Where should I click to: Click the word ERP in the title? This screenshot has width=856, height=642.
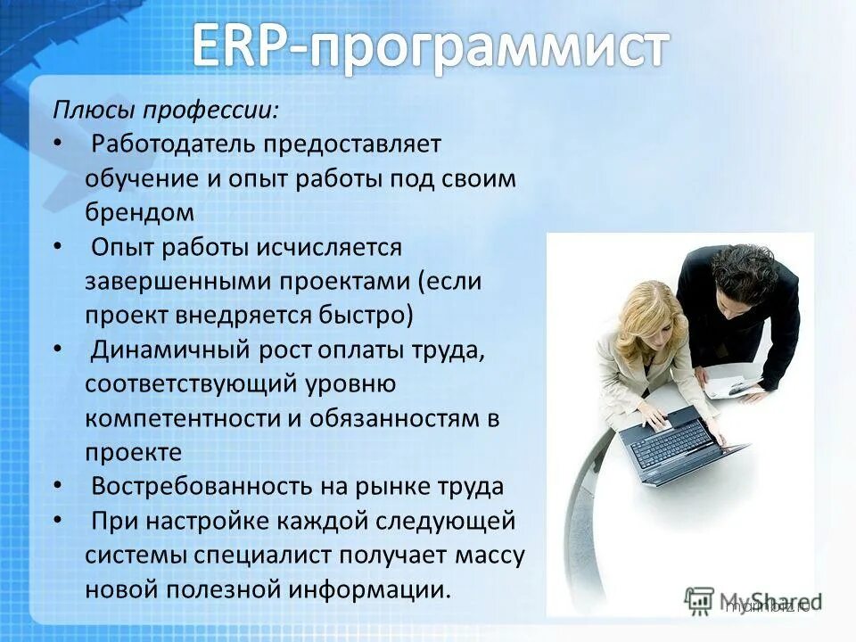[242, 45]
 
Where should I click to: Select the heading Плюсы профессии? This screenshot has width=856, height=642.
[165, 111]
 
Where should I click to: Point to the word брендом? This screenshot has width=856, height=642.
[139, 211]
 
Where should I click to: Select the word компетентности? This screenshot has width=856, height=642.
[183, 417]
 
